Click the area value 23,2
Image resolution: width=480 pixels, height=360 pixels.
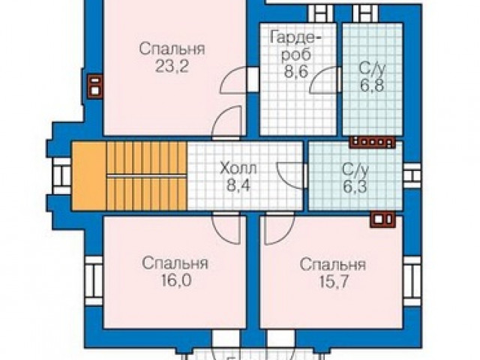point(171,66)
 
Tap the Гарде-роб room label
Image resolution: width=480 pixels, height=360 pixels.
point(295,46)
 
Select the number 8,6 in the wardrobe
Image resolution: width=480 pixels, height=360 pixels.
point(295,72)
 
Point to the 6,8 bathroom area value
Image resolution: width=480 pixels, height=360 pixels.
point(372,85)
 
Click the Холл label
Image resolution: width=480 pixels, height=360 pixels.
point(238,169)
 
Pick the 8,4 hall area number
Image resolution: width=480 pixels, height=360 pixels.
point(238,185)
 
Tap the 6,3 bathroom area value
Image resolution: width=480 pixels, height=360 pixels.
point(355,187)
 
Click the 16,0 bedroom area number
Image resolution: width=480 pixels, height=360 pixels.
point(175,280)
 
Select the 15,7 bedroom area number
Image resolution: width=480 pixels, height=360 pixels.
point(334,281)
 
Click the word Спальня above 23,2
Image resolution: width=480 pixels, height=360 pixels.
point(172,49)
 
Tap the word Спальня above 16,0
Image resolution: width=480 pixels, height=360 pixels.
point(175,264)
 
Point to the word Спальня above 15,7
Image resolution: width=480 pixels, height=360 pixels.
point(333,265)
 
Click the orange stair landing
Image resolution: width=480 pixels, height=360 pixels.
point(89,175)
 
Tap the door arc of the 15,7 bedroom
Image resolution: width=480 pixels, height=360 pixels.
point(283,233)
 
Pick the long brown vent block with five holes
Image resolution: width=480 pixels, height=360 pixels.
point(373,142)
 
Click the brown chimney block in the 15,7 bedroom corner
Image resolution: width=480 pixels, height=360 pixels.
point(382,220)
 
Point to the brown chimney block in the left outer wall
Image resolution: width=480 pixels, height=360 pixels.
point(95,87)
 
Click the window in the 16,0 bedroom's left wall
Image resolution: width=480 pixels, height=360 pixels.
point(93,281)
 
